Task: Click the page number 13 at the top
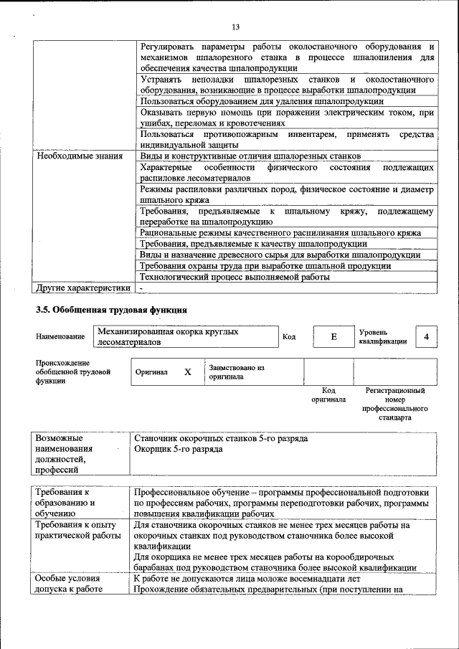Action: [x=235, y=27]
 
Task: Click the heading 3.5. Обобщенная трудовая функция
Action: [x=111, y=311]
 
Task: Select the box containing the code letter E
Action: [x=333, y=337]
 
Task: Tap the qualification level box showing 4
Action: [x=427, y=337]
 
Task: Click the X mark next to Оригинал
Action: [x=188, y=373]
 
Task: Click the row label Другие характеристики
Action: [x=83, y=288]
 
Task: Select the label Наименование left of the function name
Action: [x=59, y=336]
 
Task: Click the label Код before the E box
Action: [x=289, y=337]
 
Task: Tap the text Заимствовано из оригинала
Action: [x=237, y=371]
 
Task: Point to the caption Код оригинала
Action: [x=328, y=395]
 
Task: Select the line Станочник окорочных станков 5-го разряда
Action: [x=221, y=437]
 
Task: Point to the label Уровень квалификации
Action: [x=383, y=337]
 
